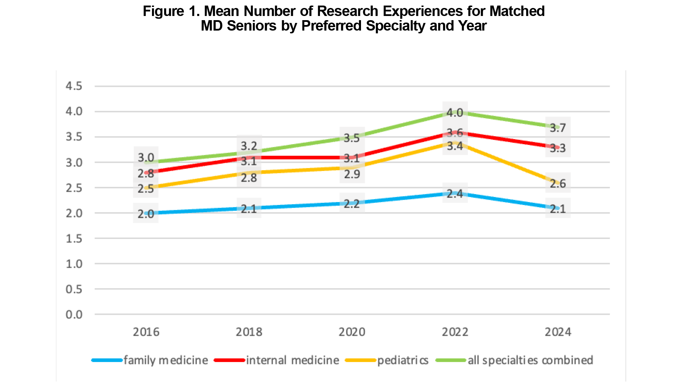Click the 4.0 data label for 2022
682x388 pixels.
(455, 113)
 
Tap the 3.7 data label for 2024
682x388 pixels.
(557, 128)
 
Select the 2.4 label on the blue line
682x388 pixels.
(455, 194)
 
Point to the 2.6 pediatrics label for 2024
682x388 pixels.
(557, 184)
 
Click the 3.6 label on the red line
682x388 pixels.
(455, 133)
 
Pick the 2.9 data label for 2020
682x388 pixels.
(352, 174)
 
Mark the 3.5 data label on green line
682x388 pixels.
(352, 138)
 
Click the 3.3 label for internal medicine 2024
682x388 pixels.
(557, 148)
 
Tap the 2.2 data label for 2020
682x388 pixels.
(352, 204)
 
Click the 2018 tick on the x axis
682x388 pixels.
(249, 332)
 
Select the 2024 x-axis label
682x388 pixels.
(557, 332)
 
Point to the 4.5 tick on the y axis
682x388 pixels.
(74, 86)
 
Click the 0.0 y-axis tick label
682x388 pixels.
(74, 315)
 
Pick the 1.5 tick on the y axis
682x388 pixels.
(74, 239)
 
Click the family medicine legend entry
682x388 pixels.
(166, 360)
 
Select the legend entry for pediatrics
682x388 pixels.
(403, 360)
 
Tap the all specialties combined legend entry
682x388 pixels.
(530, 360)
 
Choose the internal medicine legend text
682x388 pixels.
(292, 360)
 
